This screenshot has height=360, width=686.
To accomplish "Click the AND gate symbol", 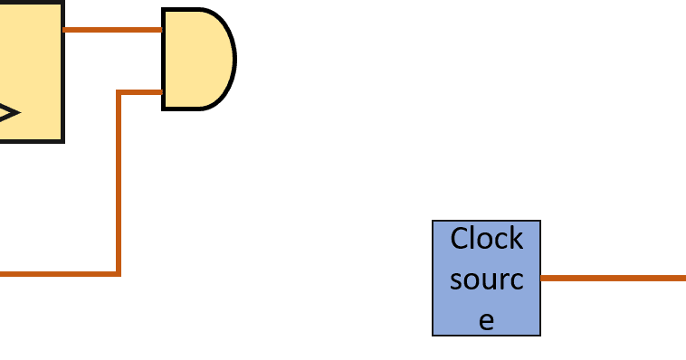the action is click(x=195, y=60).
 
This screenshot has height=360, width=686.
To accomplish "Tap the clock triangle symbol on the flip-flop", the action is click(x=7, y=113).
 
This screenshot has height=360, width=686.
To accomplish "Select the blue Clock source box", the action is click(x=486, y=278).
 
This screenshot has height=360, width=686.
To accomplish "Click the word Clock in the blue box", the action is click(x=486, y=239).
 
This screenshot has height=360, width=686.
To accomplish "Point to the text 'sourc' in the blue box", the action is click(x=486, y=279).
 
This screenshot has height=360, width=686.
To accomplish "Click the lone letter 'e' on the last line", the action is click(x=486, y=319).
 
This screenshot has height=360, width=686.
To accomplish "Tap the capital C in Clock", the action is click(x=461, y=239).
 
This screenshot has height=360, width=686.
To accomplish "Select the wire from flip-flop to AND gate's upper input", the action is click(x=112, y=29).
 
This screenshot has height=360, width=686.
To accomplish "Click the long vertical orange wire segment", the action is click(x=118, y=181).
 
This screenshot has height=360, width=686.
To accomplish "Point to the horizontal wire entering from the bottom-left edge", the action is click(x=54, y=273).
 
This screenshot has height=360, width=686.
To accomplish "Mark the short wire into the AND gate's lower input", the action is click(x=140, y=91).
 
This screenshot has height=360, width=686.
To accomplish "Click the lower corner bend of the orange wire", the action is click(x=118, y=273).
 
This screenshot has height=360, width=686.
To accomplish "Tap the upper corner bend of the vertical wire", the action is click(x=118, y=91).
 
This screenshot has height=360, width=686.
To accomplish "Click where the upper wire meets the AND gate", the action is click(x=163, y=29).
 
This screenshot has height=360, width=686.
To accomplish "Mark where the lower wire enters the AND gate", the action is click(x=163, y=91).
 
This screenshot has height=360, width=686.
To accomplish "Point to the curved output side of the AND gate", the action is click(x=233, y=60).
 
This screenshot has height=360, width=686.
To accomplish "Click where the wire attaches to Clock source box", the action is click(x=541, y=278).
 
